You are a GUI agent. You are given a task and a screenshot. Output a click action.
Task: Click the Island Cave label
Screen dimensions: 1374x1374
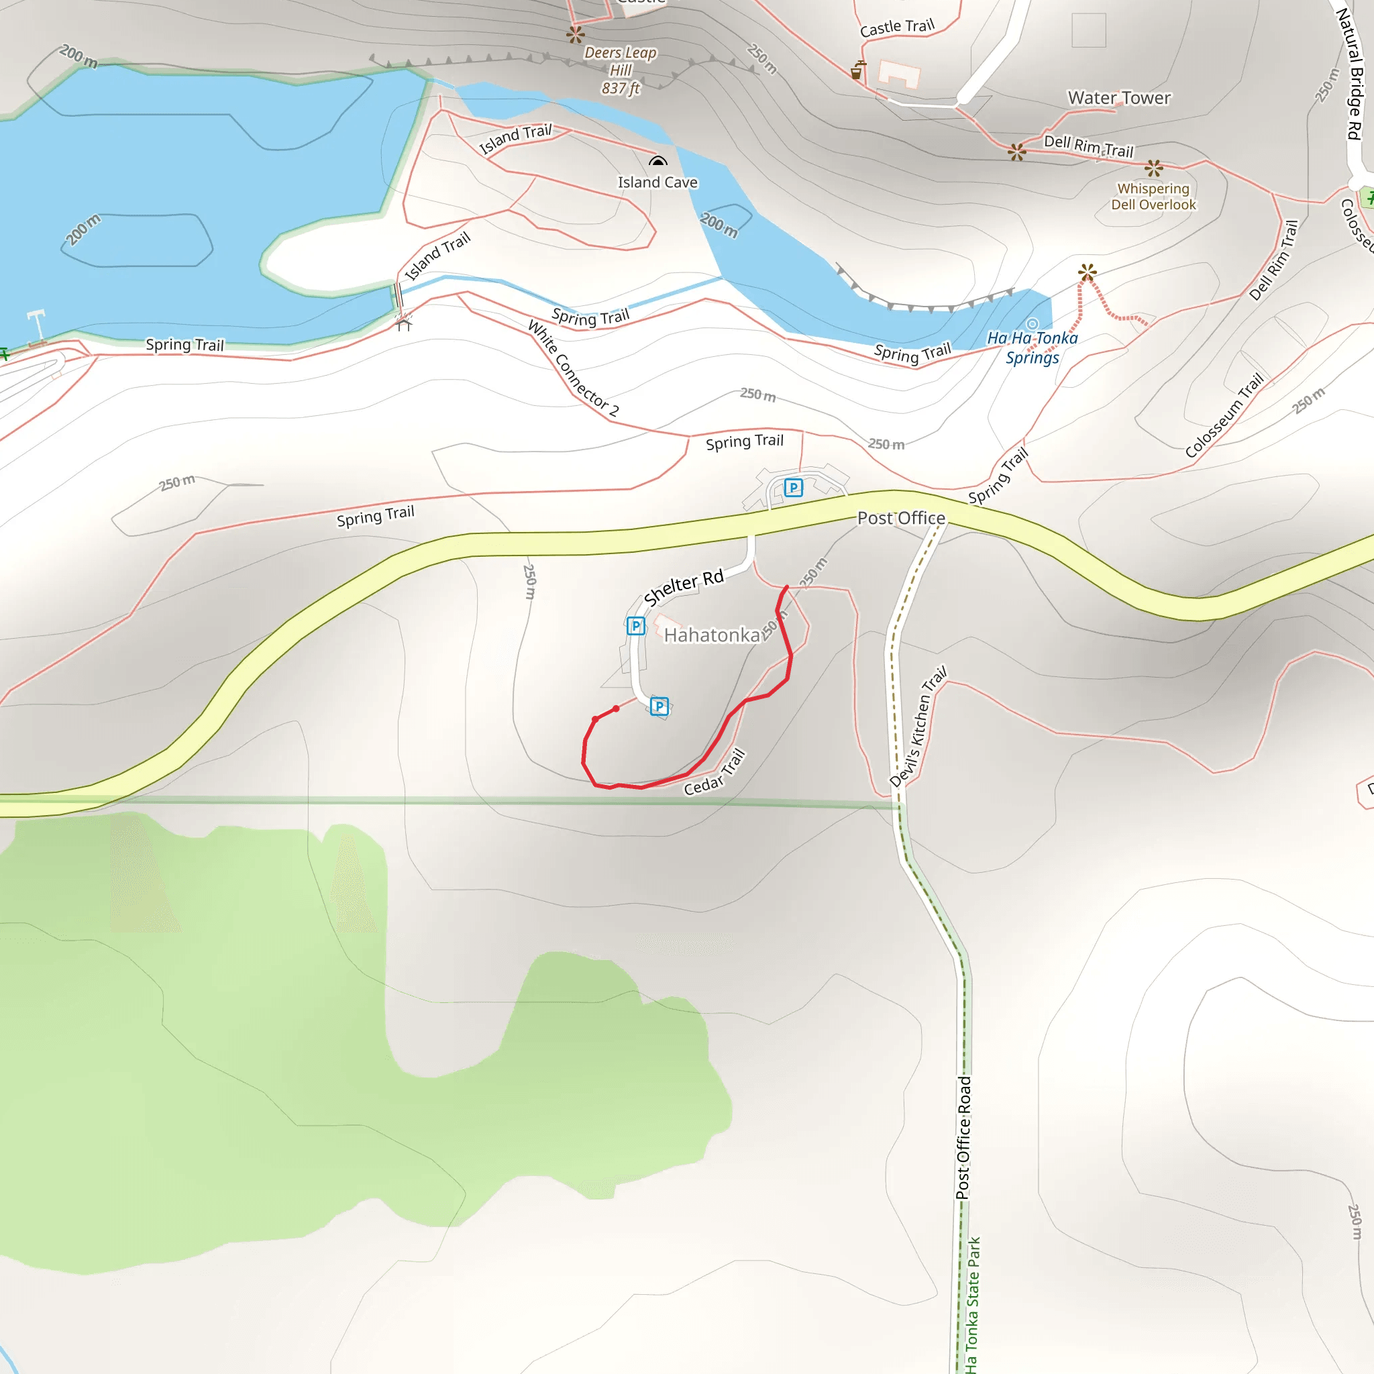tap(657, 182)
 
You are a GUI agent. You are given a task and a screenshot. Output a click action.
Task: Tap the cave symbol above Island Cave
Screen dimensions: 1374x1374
tap(658, 162)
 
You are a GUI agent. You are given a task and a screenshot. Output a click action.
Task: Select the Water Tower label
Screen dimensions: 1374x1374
tap(1118, 98)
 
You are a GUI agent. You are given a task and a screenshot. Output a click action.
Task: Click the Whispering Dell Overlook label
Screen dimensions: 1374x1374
tap(1153, 197)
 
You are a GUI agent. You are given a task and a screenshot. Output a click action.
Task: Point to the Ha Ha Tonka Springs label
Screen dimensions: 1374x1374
tap(1032, 348)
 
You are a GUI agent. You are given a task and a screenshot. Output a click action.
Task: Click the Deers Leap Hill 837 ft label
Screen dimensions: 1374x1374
tap(620, 70)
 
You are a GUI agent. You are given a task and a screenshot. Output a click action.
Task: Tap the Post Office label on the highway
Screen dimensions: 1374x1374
tap(901, 519)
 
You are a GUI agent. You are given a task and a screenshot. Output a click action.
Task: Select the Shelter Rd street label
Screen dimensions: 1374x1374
tap(684, 588)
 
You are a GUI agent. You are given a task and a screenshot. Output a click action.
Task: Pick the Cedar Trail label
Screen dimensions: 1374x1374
tap(715, 773)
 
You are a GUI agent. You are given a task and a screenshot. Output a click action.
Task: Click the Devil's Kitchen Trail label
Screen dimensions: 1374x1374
tap(918, 727)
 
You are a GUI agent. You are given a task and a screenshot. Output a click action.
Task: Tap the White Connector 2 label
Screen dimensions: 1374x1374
tap(573, 368)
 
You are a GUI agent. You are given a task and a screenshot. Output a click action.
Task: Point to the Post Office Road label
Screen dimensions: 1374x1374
tap(963, 1138)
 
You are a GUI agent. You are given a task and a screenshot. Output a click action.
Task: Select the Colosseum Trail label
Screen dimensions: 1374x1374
tap(1224, 415)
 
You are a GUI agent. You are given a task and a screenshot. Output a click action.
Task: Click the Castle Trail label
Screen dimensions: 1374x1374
tap(897, 28)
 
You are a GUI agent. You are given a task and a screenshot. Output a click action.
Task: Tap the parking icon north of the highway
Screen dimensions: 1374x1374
tap(793, 488)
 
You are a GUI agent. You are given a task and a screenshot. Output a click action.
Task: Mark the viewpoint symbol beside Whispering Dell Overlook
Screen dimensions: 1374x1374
tap(1153, 168)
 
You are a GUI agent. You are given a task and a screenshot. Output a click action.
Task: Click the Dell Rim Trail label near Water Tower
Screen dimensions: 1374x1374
tap(1088, 146)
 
